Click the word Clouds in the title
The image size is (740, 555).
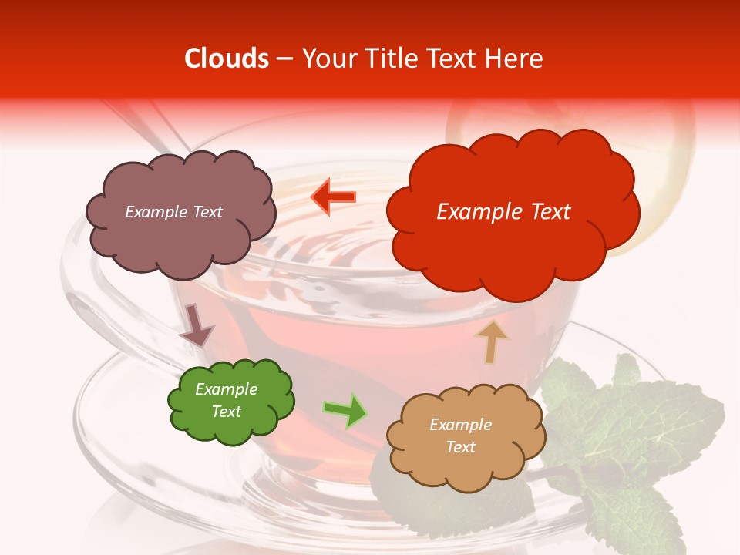[x=227, y=59]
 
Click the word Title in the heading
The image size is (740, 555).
[x=389, y=59]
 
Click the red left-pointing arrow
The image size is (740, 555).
[x=333, y=197]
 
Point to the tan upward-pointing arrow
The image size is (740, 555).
[x=491, y=342]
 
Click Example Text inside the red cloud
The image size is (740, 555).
[x=503, y=212]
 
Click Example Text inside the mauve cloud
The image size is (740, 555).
[x=173, y=212]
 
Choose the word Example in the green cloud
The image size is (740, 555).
[x=226, y=389]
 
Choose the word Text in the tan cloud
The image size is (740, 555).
[x=460, y=447]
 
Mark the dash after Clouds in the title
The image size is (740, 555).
[x=284, y=59]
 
